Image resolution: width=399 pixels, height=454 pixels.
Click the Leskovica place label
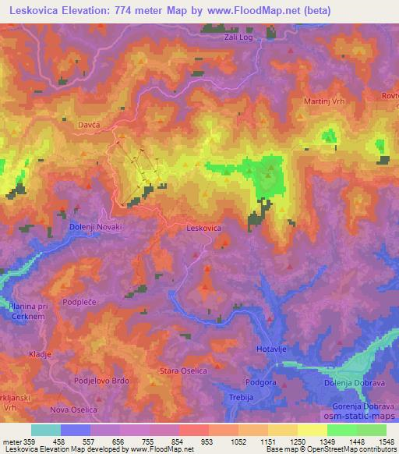tap(204, 228)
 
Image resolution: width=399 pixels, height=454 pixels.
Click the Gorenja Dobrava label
tap(365, 406)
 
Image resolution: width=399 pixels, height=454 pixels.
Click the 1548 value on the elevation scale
tap(386, 442)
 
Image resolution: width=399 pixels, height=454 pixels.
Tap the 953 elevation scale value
tap(207, 442)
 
